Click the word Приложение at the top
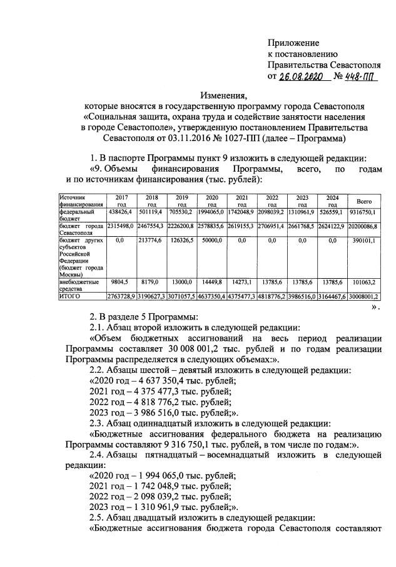[x=293, y=43]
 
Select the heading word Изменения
[x=224, y=95]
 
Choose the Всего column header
[x=363, y=201]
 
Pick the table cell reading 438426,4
[x=120, y=214]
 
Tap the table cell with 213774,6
[x=151, y=239]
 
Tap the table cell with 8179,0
[x=151, y=283]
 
